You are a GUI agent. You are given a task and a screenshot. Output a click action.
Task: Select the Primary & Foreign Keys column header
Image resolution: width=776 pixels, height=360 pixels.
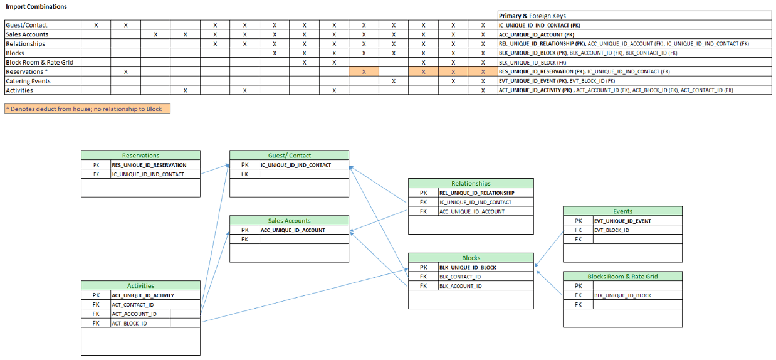coord(532,16)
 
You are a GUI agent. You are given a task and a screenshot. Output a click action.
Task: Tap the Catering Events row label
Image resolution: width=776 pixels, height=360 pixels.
coord(28,81)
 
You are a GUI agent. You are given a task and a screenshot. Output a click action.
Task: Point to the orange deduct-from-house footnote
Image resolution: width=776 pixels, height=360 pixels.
coord(87,109)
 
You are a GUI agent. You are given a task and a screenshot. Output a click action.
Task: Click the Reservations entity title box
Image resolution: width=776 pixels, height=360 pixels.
coord(140,155)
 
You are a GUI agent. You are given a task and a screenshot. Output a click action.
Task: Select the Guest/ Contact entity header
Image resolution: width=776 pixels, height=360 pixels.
coord(289,155)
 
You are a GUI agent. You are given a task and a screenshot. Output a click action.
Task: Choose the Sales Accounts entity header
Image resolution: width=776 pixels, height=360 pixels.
coord(289,220)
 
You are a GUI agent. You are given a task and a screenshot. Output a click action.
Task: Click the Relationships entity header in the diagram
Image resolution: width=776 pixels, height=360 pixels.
coord(471,183)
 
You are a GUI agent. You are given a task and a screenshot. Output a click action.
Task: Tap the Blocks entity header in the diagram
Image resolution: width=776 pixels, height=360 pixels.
coord(471,258)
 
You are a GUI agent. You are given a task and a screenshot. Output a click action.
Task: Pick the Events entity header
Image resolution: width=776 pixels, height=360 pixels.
coord(622,211)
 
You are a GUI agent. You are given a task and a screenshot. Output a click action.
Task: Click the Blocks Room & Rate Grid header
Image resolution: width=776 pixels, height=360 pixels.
coord(622,276)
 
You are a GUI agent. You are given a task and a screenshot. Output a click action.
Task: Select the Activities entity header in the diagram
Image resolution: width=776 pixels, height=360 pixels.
coord(140,285)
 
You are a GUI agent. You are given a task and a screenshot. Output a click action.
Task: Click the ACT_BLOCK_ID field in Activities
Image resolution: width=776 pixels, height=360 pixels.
coord(130,323)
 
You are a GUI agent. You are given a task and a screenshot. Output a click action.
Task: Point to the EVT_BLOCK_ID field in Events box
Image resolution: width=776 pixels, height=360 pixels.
coord(612,230)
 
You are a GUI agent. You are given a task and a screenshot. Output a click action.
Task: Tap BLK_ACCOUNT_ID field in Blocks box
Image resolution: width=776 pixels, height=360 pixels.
coord(461,286)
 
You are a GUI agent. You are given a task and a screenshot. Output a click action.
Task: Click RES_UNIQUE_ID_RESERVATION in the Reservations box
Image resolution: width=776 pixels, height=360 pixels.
coord(149,165)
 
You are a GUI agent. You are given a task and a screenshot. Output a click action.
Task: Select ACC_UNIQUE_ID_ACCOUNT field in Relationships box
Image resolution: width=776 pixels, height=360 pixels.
coord(472,211)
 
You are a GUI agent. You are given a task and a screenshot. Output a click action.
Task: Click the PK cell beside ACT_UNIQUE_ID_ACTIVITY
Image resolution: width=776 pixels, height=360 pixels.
coord(96,295)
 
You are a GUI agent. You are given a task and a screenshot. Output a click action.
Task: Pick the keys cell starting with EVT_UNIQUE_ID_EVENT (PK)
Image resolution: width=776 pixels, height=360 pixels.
coord(557,81)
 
